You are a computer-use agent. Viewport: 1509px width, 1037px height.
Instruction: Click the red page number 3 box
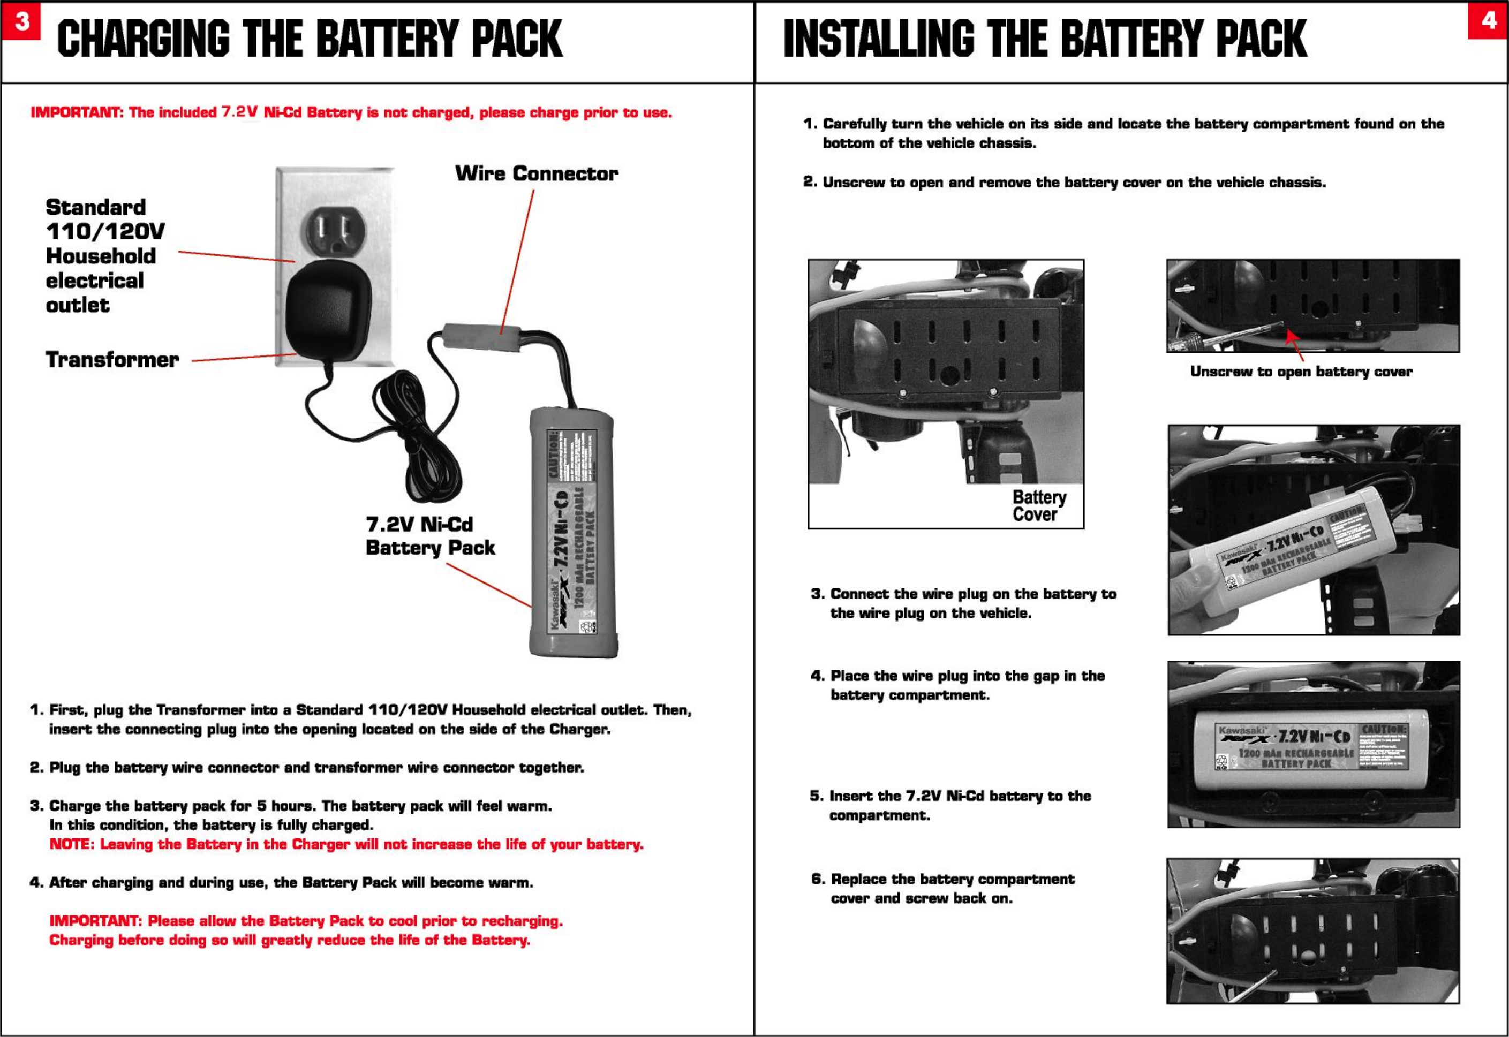21,21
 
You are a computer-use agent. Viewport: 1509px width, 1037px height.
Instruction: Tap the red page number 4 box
1488,21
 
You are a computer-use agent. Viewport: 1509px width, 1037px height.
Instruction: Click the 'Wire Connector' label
536,173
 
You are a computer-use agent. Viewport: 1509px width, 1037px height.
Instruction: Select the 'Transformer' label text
112,359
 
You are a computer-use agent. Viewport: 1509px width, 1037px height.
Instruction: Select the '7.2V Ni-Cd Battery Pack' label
430,536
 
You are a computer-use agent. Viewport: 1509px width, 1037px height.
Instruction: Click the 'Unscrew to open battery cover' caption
1301,372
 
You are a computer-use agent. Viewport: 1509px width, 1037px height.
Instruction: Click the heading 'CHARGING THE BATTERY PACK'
310,39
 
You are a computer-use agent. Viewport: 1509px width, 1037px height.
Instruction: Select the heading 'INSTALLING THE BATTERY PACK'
1045,39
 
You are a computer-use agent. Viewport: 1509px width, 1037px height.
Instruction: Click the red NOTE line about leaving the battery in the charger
346,844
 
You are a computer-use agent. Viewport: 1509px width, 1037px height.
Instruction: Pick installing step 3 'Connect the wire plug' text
964,603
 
